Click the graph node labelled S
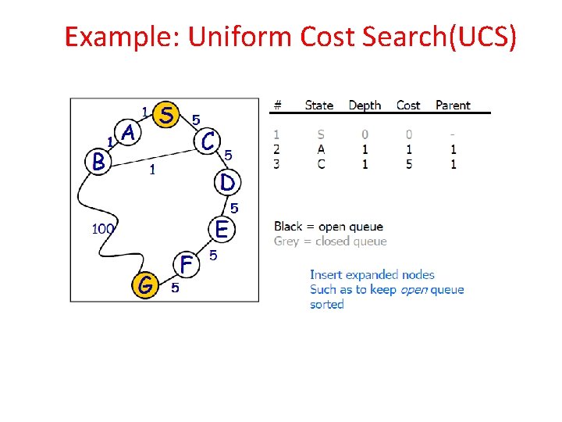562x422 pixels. coord(165,114)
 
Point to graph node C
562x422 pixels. coord(208,141)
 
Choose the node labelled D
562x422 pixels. coord(226,182)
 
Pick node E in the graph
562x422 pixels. coord(222,230)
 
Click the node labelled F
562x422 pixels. coord(186,265)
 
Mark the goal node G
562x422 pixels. coord(145,286)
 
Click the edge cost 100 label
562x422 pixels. coord(104,229)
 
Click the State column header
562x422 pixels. coord(318,105)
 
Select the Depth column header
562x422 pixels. coord(365,105)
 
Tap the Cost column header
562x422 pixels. coord(408,105)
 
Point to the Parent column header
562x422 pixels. coord(453,105)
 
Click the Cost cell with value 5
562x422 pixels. coord(409,164)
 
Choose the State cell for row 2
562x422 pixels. coord(321,149)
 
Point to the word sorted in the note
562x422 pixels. coord(326,305)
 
